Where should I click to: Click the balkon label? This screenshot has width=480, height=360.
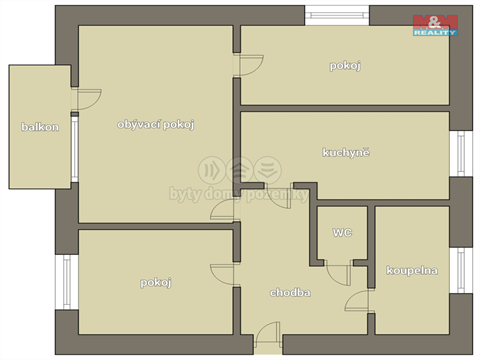coord(40,127)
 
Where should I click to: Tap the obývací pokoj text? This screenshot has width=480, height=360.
coord(155,124)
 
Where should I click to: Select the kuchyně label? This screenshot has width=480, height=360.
coord(346,153)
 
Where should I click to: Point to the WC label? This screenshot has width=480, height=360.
coord(342,233)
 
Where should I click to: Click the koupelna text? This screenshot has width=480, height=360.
coord(411,270)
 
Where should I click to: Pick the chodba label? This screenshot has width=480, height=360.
coord(290,293)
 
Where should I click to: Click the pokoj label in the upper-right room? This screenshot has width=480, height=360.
coord(345,66)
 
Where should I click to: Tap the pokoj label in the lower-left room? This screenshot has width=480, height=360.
coord(155,283)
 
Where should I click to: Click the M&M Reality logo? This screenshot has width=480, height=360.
coord(435,24)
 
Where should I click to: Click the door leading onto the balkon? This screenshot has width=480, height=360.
coord(85,100)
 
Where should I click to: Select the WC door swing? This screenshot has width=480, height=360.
coord(339,271)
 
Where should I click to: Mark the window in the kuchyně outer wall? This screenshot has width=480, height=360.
coord(461,153)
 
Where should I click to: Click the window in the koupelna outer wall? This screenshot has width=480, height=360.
coord(461,270)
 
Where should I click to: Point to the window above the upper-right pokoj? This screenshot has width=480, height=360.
coord(337,14)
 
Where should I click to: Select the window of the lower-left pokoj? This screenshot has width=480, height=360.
coord(68,283)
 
